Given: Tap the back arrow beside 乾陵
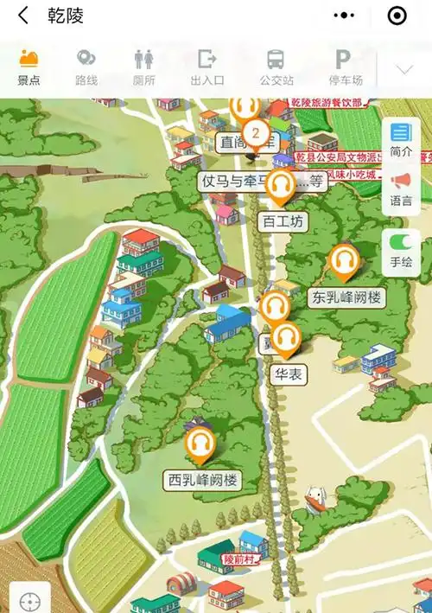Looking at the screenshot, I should point(23,16).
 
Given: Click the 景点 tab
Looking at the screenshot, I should point(29,67).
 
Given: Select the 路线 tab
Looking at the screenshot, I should point(86,67).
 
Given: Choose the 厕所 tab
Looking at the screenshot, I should point(144,67).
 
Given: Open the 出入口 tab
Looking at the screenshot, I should point(207,67).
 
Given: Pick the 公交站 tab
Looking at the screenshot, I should point(276,67).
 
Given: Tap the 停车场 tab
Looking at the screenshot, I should point(344,67).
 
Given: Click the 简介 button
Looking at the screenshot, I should point(401,139).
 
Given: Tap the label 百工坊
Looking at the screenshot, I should point(283,222).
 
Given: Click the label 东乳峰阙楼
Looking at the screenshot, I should point(346,297).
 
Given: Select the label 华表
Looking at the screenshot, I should point(286,375).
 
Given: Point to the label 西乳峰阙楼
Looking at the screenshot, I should point(202,479).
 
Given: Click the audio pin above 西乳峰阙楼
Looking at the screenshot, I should point(200,444).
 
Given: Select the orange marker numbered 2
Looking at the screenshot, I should point(255,133).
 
